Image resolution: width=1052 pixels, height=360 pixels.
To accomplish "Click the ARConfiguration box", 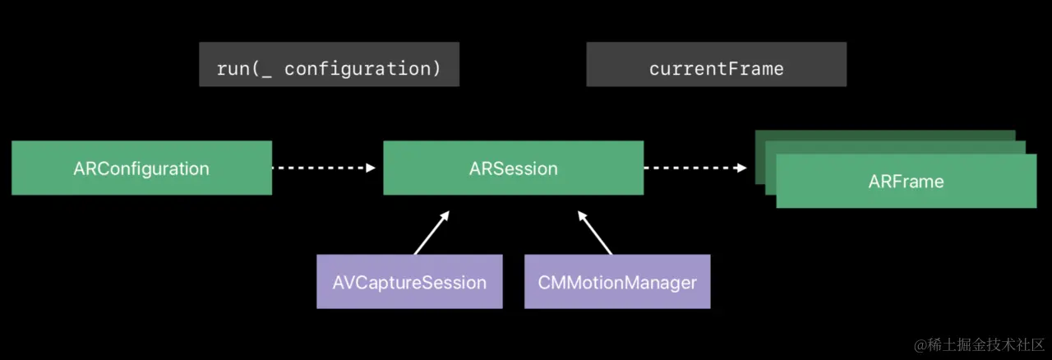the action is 142,168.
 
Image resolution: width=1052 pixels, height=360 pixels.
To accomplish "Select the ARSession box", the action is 514,168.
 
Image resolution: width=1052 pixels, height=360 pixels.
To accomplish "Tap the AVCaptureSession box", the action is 409,282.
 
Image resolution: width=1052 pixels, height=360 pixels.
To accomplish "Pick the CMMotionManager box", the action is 617,282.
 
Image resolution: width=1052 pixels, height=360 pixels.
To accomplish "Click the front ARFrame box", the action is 907,181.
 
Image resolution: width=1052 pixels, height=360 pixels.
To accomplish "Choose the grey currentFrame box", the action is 716,64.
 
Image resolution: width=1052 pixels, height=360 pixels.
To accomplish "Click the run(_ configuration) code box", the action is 330,64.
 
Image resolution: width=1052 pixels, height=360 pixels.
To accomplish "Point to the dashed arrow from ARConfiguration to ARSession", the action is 324,168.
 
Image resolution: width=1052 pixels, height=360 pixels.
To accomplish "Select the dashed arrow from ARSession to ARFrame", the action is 695,168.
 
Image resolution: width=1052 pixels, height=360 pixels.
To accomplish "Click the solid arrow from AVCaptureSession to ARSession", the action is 431,233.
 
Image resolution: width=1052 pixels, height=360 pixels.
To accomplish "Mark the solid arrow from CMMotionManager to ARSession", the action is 595,233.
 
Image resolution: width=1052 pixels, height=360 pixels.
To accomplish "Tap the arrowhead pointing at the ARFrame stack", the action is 742,168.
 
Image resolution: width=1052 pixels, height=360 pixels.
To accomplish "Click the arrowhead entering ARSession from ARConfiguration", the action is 371,168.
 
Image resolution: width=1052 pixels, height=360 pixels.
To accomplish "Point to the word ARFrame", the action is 906,182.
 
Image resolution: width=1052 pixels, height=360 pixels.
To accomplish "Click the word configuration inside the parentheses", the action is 358,69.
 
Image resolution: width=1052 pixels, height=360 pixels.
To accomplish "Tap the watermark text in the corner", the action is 979,345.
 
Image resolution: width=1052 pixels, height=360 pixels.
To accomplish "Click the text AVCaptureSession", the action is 409,283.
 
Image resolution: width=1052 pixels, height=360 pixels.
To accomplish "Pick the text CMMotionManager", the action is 617,283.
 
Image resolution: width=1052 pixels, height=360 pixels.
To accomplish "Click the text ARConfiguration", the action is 141,168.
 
